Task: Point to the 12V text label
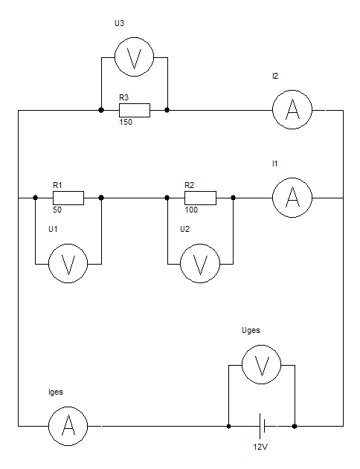pos(260,447)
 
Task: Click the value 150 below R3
pos(126,122)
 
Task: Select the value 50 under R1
pos(57,210)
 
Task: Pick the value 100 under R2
pos(191,210)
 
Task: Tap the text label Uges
pos(251,331)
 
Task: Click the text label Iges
pos(56,392)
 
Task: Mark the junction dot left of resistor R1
pos(35,198)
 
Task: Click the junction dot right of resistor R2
pos(234,198)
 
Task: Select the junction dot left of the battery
pos(228,426)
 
